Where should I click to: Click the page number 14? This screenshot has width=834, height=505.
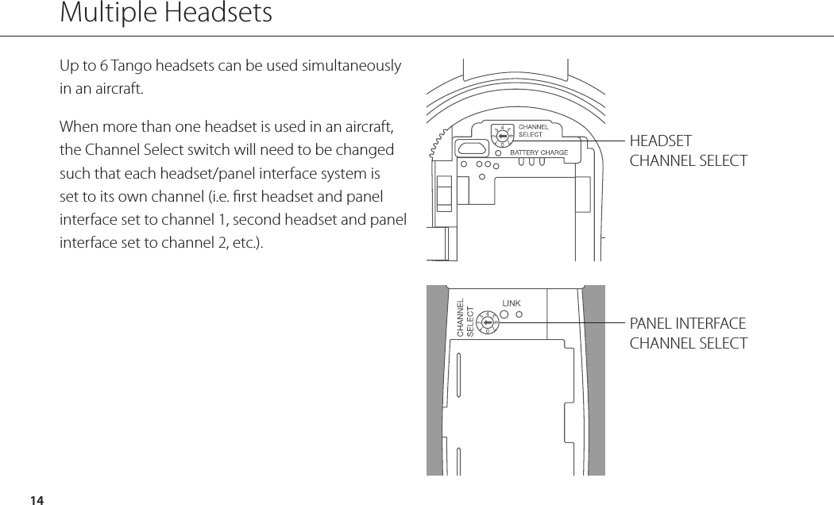pos(36,499)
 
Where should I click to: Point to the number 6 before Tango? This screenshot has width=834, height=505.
pos(103,65)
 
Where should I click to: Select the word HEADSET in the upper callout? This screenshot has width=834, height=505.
pos(661,141)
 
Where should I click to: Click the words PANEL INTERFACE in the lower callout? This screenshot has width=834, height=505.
pos(688,324)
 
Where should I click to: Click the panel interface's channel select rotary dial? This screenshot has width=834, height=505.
pos(486,323)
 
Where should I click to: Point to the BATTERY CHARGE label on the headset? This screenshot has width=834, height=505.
pos(539,152)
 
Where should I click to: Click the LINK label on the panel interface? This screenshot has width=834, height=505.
pos(511,303)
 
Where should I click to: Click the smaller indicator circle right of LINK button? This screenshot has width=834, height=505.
pos(519,314)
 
